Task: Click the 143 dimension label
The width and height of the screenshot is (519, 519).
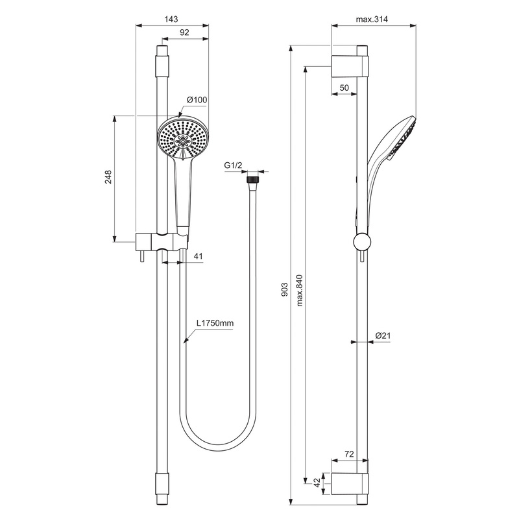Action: (171, 20)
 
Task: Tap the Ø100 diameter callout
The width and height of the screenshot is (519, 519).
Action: (197, 99)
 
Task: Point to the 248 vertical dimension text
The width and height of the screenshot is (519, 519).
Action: (108, 178)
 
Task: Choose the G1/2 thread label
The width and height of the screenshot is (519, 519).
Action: (233, 167)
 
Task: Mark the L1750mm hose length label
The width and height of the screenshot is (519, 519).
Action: (215, 322)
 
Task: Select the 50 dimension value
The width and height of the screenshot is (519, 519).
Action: (344, 87)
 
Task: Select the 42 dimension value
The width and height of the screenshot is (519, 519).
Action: (316, 482)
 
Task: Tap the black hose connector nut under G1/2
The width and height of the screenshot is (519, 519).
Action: (254, 176)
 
